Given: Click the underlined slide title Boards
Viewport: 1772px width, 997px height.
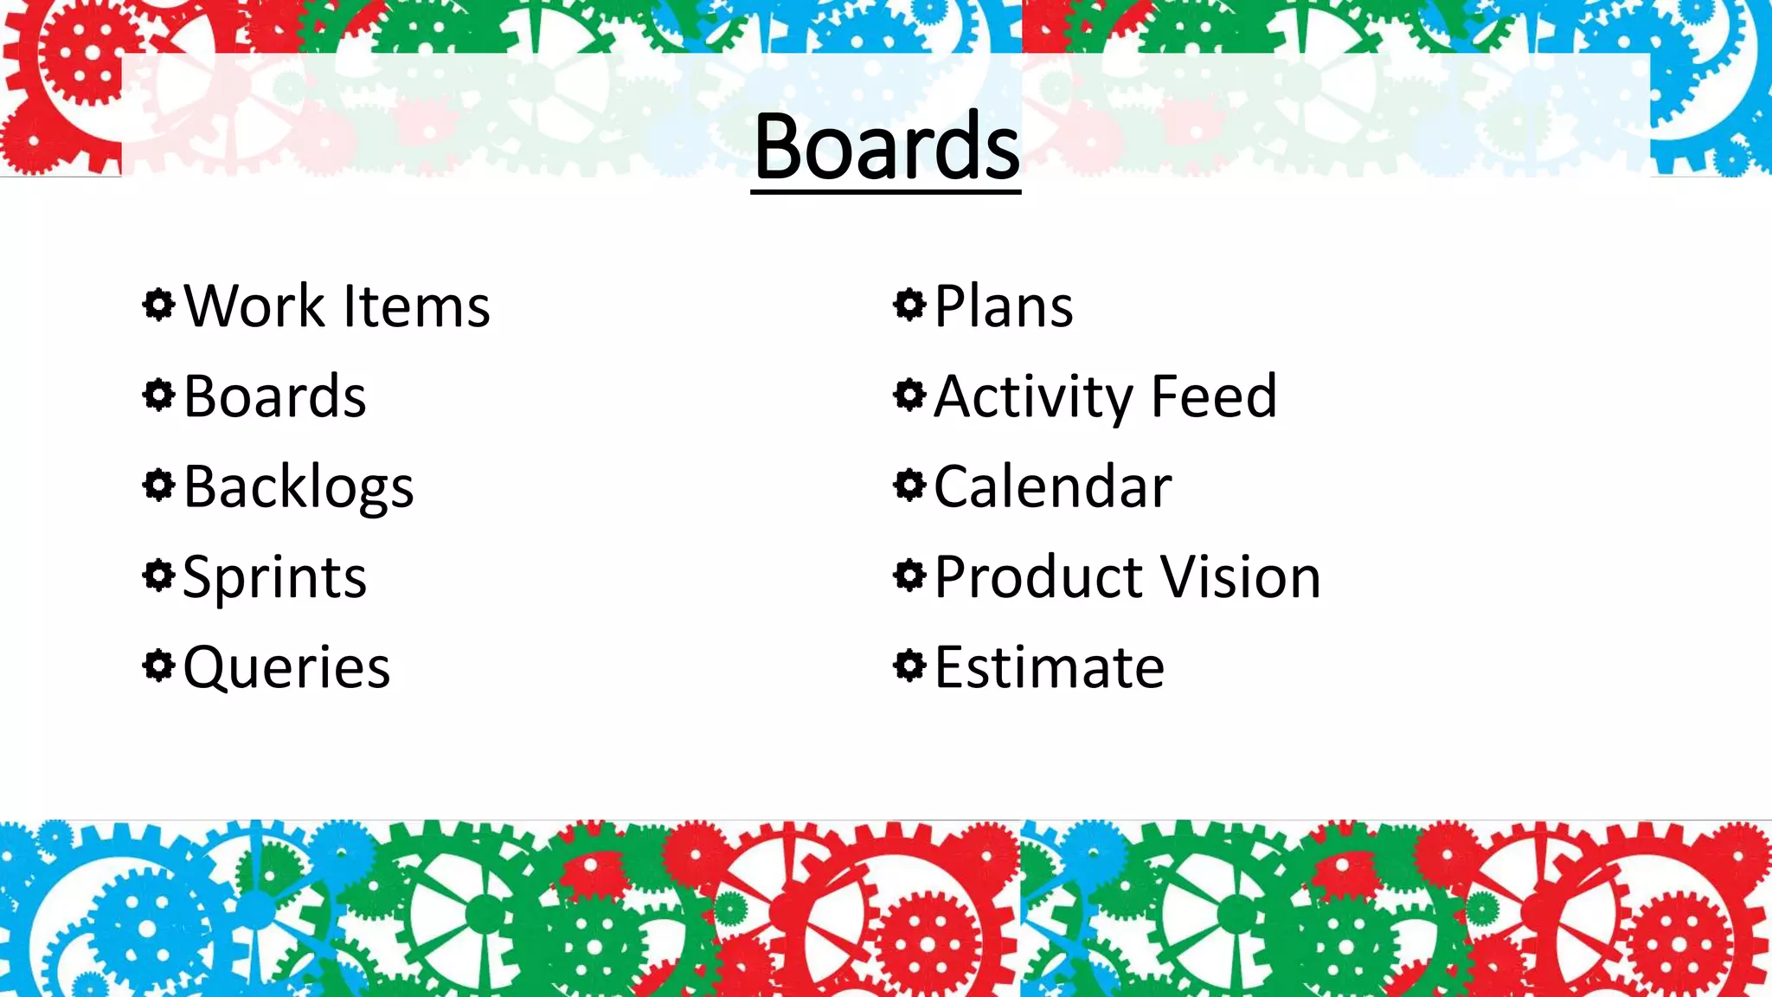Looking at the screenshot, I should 886,147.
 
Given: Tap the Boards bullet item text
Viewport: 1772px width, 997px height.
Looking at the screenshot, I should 275,396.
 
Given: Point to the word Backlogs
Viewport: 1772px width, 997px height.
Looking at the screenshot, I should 299,487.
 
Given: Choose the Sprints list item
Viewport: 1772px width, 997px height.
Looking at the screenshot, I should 275,577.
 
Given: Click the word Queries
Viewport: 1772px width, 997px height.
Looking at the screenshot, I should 286,667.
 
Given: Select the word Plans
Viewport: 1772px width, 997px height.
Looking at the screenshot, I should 1004,306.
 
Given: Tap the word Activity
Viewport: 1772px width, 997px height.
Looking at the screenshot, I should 1033,397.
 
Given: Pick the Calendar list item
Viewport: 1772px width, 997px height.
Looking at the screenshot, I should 1052,486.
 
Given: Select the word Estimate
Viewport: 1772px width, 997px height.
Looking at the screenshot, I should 1050,667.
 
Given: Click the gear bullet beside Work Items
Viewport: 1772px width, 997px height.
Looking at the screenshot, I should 158,305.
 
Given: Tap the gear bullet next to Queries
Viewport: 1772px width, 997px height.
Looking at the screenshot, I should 158,666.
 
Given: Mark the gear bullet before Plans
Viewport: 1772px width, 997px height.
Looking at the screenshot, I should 908,305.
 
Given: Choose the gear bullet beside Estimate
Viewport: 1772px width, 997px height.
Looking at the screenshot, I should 908,666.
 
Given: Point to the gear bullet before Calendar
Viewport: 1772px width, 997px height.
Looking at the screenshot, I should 908,485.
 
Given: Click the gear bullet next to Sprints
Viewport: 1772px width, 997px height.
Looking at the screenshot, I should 158,576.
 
